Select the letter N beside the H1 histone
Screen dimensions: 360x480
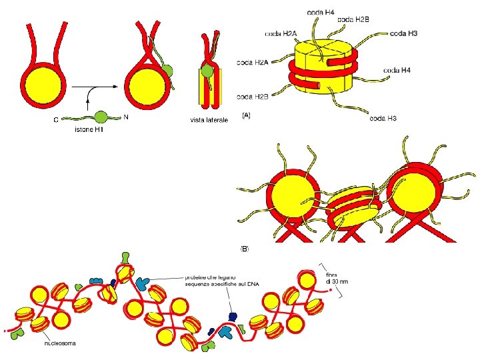(x=126, y=115)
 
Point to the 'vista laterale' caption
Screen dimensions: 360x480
(x=209, y=120)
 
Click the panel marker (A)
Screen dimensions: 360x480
(x=246, y=115)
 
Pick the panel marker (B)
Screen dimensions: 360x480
(x=245, y=249)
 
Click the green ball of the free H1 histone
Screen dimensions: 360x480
(x=101, y=117)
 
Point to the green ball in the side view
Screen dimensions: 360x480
(x=209, y=70)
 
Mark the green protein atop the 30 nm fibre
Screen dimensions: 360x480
(x=126, y=257)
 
